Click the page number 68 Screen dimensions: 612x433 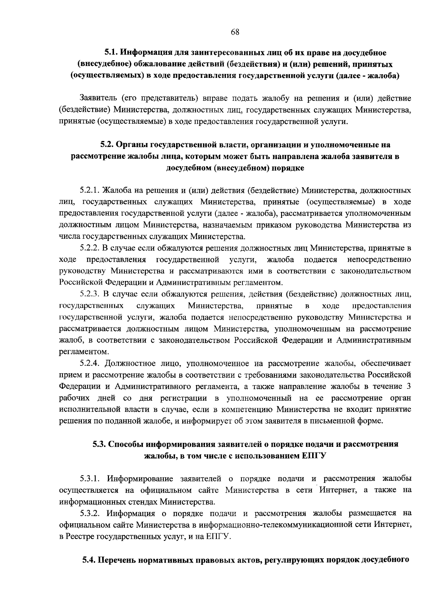pyautogui.click(x=235, y=32)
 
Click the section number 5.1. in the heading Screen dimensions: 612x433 pyautogui.click(x=111, y=53)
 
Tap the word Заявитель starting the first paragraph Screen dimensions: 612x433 pyautogui.click(x=98, y=98)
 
